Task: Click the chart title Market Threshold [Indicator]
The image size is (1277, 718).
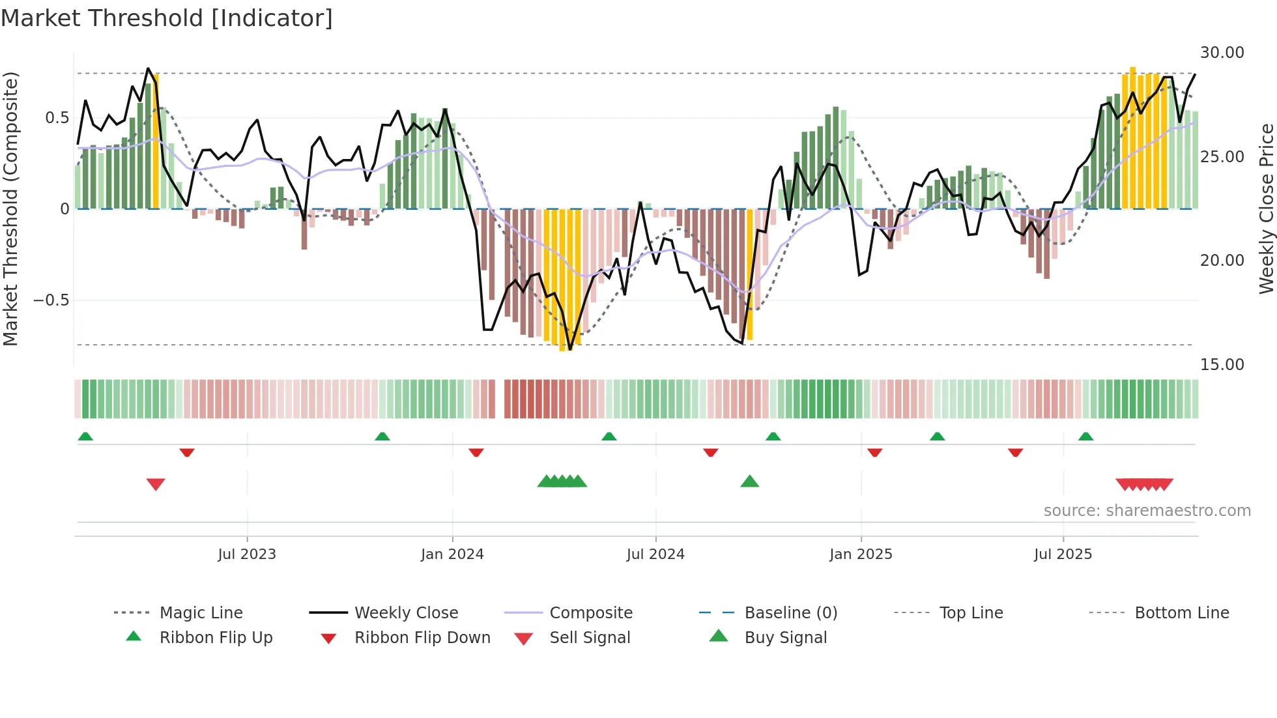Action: point(167,18)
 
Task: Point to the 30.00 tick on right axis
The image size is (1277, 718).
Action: point(1222,53)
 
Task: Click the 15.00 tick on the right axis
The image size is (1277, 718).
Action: point(1222,365)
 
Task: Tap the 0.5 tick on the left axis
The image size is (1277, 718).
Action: point(57,118)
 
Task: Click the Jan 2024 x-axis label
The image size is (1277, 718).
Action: point(452,554)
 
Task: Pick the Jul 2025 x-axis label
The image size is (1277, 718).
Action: point(1063,554)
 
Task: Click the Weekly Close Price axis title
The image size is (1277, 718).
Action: point(1266,208)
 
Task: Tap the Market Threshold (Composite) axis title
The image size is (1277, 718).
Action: point(10,208)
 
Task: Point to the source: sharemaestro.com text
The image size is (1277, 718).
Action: point(1147,511)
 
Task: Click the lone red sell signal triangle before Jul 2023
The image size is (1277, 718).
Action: point(156,484)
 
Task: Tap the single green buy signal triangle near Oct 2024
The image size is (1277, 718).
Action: point(750,481)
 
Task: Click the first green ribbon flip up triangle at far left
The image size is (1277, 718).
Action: point(85,437)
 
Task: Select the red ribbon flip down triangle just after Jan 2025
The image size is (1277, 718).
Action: point(875,452)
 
